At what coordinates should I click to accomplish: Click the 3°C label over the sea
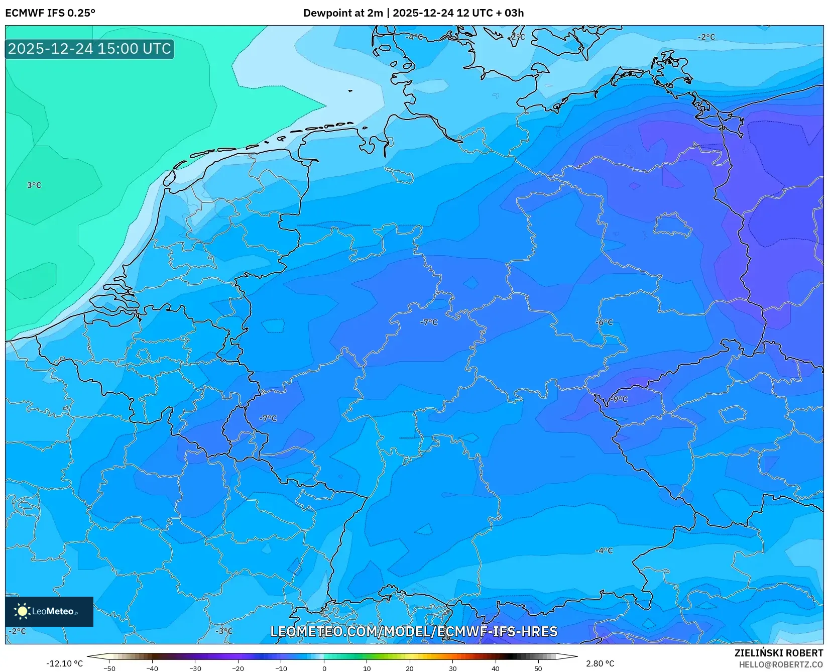pos(34,185)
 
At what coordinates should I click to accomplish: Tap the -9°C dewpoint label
pos(619,399)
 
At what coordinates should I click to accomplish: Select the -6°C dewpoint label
pos(605,322)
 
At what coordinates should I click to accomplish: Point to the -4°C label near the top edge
pos(414,37)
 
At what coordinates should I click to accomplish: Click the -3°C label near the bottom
pos(224,631)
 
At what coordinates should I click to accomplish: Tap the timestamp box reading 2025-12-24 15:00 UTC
pos(89,49)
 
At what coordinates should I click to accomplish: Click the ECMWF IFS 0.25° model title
pos(50,13)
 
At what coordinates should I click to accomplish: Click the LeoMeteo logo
pos(49,611)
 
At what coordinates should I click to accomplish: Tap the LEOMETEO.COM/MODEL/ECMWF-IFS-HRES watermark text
pos(414,631)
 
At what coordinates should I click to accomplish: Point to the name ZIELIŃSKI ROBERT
pos(779,653)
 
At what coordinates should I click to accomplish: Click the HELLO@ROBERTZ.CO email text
pos(781,664)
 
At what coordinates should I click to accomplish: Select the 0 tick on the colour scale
pos(324,668)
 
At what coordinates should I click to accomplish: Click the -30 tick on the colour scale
pos(195,668)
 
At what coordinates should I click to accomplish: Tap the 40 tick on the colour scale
pos(496,668)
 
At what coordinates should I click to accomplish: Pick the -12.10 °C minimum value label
pos(64,663)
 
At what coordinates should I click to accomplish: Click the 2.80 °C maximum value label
pos(600,663)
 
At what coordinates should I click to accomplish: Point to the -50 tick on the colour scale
pos(109,668)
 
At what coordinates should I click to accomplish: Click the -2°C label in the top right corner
pos(706,37)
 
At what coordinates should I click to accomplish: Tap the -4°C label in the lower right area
pos(604,550)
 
